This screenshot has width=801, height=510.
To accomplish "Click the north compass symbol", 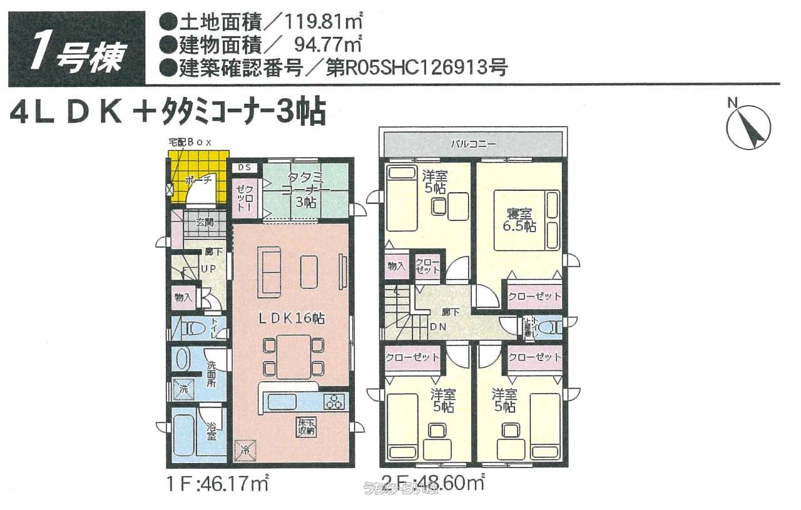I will tap(748, 125).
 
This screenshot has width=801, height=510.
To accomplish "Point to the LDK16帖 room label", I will tap(292, 318).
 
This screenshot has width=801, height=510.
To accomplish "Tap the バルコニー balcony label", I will tap(474, 144).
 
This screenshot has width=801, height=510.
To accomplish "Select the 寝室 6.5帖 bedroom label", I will tap(519, 220).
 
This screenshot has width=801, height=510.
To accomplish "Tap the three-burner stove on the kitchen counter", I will tap(334, 401).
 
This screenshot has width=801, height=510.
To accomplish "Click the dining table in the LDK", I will tap(293, 355).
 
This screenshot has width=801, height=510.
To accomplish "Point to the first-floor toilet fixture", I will tap(191, 327).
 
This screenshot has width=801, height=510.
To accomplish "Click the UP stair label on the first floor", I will tap(208, 269).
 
